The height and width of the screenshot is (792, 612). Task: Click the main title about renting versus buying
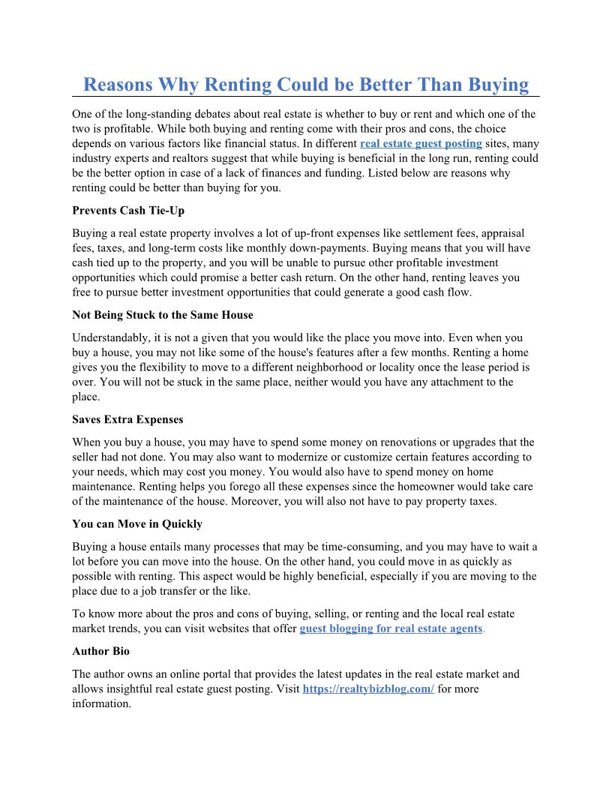[x=306, y=85]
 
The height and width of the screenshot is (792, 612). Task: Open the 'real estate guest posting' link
[x=421, y=143]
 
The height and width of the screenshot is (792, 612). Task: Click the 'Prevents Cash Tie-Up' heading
[x=128, y=211]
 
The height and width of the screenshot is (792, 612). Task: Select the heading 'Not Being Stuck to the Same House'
[x=163, y=315]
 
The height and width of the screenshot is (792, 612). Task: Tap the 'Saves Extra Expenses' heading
[x=127, y=419]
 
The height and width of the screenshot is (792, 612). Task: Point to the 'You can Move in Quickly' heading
[x=137, y=523]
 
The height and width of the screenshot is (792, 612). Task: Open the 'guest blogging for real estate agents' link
[x=391, y=628]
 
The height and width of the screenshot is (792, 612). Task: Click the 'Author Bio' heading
[x=101, y=651]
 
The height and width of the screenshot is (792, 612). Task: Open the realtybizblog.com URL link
[x=368, y=688]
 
